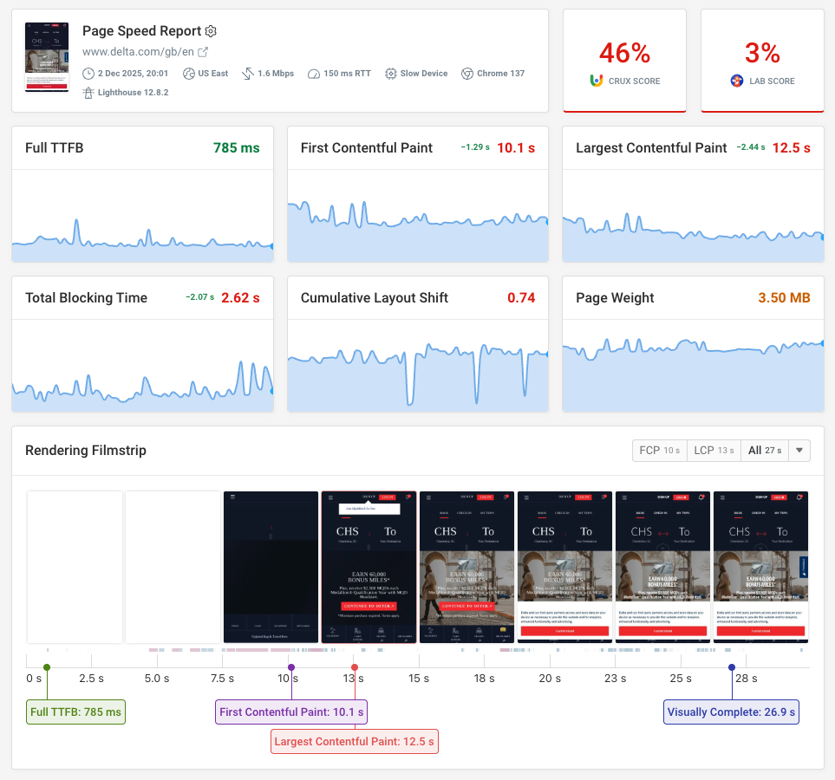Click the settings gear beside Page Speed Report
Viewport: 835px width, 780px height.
[x=211, y=31]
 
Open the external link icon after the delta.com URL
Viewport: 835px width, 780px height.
[x=203, y=52]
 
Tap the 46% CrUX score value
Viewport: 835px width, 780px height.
[x=624, y=54]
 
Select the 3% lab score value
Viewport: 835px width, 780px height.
[x=762, y=54]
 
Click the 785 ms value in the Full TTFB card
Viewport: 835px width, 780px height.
[x=237, y=148]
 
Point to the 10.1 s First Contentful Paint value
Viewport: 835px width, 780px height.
[x=516, y=148]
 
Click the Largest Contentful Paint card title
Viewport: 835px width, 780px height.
[x=651, y=148]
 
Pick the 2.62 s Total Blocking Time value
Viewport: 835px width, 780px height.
[x=240, y=297]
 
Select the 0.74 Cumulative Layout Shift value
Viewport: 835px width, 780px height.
[x=521, y=297]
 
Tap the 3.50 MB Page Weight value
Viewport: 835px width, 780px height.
[x=784, y=297]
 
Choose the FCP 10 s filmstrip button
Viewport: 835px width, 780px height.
[x=660, y=451]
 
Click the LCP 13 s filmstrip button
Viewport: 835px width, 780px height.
[x=714, y=451]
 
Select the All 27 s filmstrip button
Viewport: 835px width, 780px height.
[x=764, y=451]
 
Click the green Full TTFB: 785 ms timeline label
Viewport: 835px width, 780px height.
[x=76, y=712]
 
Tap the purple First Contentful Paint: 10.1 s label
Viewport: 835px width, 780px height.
[x=291, y=712]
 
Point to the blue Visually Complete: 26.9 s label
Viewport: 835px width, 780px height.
[x=732, y=712]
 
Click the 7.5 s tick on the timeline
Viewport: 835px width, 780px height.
[x=222, y=678]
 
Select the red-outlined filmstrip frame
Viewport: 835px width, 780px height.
[x=369, y=567]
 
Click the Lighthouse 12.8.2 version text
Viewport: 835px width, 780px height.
[x=132, y=93]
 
